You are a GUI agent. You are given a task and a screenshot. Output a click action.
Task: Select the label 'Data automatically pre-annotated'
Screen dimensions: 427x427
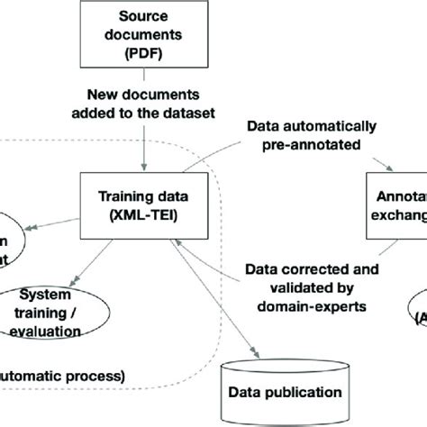pos(318,133)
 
